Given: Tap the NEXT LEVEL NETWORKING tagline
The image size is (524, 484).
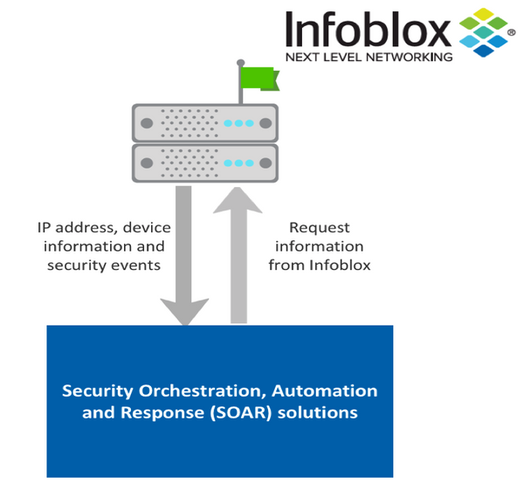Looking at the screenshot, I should click(x=369, y=58).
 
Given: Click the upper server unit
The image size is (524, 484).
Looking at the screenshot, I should click(x=204, y=122).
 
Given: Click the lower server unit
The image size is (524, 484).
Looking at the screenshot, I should click(x=204, y=162).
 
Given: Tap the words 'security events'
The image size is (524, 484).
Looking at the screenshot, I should click(x=104, y=265).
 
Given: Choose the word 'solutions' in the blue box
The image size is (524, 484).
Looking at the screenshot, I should click(x=315, y=412).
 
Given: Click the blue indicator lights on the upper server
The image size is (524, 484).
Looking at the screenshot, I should click(x=239, y=123).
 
